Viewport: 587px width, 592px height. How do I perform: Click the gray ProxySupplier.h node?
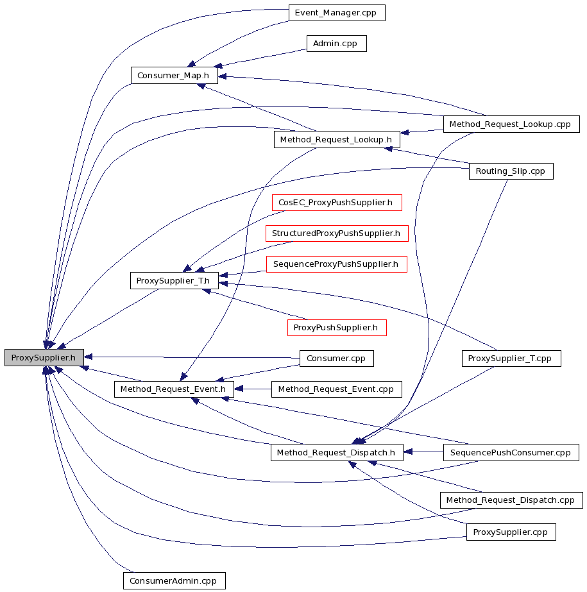coord(44,357)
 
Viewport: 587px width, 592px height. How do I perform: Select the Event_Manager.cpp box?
coord(337,13)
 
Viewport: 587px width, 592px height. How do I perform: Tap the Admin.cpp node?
coord(336,44)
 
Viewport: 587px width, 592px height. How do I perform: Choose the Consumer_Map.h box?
coord(174,76)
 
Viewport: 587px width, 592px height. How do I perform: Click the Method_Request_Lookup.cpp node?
coord(511,124)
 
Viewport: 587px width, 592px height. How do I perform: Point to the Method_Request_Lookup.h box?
coord(337,140)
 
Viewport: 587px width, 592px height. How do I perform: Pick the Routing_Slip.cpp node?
coord(511,171)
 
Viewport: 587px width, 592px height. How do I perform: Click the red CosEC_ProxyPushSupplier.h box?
coord(337,203)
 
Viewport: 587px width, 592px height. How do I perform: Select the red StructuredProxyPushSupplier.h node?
coord(337,233)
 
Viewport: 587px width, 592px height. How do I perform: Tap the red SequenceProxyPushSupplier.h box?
coord(337,264)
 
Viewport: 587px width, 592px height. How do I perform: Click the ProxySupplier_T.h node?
coord(174,280)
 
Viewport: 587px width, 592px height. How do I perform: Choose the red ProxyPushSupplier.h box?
coord(337,327)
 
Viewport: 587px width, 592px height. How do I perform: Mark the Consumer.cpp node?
coord(336,359)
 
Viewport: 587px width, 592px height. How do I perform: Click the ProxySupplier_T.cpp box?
coord(511,359)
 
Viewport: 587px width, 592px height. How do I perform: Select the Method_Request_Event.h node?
coord(174,389)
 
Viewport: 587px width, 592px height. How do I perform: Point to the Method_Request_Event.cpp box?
coord(336,389)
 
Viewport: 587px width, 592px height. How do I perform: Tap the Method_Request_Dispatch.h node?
coord(337,452)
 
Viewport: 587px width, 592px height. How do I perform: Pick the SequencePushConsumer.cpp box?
coord(511,452)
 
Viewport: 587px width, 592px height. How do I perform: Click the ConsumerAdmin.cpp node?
coord(174,580)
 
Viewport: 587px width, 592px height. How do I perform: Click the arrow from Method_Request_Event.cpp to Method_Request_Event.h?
coord(253,389)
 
